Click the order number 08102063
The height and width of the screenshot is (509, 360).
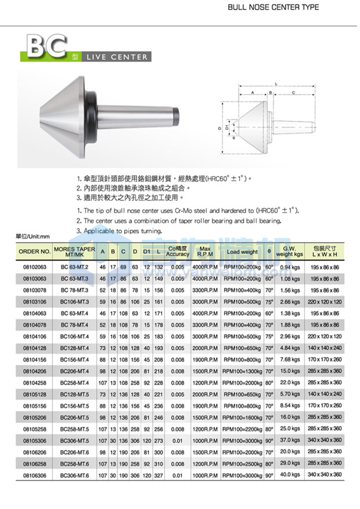tap(35, 267)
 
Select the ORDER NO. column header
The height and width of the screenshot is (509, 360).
tap(34, 252)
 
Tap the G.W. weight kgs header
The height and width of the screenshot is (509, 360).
tap(289, 252)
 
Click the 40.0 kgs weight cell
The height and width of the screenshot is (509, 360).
tap(290, 474)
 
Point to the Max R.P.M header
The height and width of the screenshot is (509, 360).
tap(205, 252)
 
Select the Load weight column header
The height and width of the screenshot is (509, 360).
tap(242, 252)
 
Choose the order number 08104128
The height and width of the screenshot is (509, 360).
tap(35, 348)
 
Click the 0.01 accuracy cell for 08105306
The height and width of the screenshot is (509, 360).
tap(177, 441)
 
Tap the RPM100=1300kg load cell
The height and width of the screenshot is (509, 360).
tap(242, 371)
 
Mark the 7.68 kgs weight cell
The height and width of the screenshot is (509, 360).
tap(290, 359)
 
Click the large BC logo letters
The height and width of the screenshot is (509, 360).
tap(46, 46)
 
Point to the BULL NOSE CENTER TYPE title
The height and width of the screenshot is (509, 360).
tap(273, 7)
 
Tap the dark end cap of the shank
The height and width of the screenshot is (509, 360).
tap(175, 117)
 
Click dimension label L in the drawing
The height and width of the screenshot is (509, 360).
tap(276, 84)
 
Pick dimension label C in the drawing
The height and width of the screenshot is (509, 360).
tap(294, 93)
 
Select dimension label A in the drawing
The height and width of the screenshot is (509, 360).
tap(253, 93)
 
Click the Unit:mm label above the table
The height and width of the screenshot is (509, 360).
tap(33, 237)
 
